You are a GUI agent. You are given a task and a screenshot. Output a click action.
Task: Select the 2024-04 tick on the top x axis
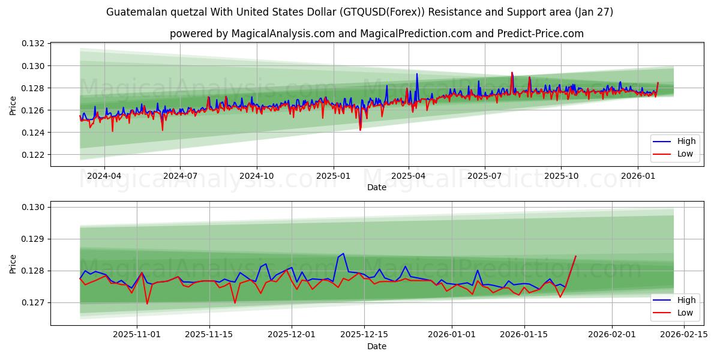point(104,176)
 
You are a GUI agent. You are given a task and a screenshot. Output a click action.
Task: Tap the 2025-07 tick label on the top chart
point(484,176)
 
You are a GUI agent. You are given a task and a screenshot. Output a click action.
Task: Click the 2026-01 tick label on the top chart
point(637,176)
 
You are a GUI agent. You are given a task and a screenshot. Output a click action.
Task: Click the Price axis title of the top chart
point(13,105)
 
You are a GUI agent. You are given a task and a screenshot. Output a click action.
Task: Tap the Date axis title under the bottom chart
point(376,346)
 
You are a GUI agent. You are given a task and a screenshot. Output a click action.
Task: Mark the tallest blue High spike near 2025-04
point(417,74)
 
